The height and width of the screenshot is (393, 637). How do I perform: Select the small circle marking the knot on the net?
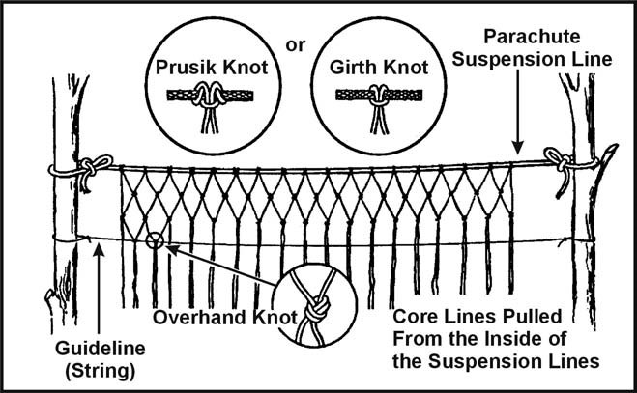pos(155,239)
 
